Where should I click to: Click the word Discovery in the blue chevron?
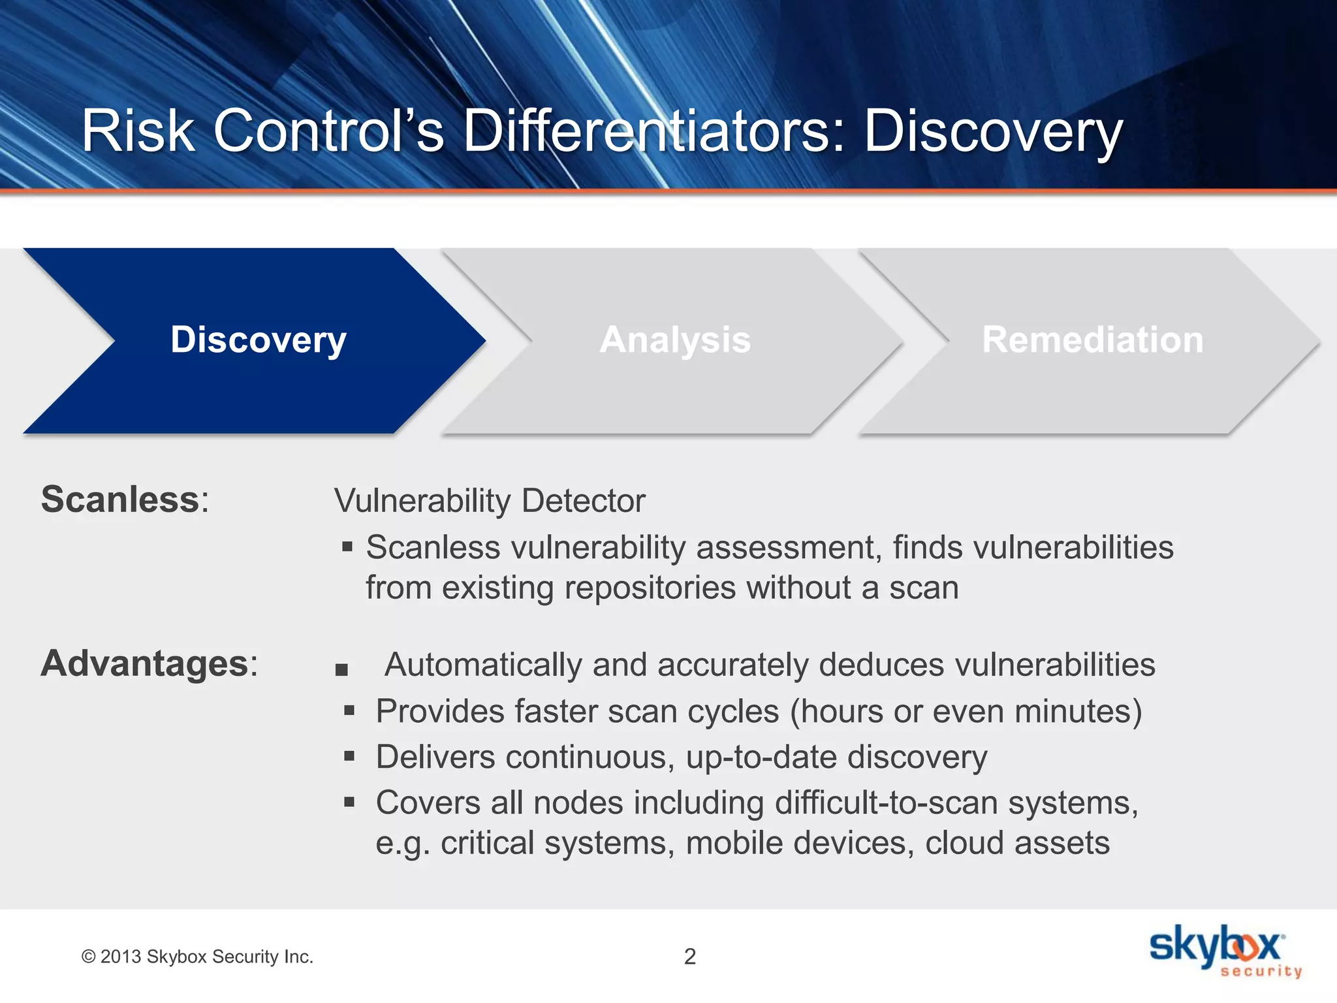(x=259, y=340)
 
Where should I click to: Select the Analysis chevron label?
(x=675, y=340)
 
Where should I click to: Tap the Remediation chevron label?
(x=1092, y=340)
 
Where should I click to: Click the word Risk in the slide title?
(x=138, y=131)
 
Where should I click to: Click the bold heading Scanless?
(x=120, y=500)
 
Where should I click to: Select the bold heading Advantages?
(x=145, y=664)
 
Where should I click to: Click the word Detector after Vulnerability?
(x=583, y=501)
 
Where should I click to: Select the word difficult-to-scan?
(x=886, y=803)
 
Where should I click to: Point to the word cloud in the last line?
(x=964, y=843)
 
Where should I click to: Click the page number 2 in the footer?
(x=689, y=957)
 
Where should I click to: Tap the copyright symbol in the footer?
(x=88, y=957)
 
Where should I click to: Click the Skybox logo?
(x=1224, y=951)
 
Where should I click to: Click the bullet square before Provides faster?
(x=349, y=710)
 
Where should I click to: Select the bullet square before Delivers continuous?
(x=349, y=756)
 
